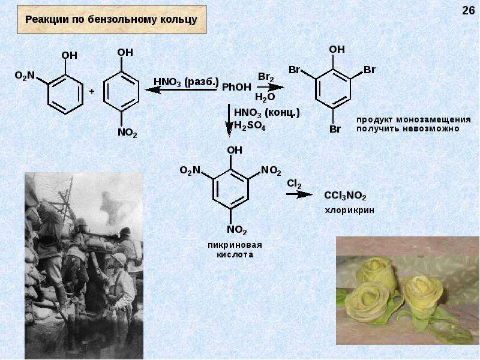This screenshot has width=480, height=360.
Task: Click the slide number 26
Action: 468,10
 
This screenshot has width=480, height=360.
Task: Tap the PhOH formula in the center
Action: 236,87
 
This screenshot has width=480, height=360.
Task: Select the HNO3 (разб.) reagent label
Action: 186,82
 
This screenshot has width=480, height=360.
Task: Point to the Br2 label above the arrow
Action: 266,77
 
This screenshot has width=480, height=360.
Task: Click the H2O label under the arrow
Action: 265,97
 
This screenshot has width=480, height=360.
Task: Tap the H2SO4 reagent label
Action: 250,126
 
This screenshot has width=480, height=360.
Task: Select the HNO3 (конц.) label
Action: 266,113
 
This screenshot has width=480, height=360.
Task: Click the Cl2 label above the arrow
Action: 294,184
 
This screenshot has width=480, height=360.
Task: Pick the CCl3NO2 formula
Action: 345,196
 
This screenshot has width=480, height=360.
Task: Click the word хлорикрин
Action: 349,211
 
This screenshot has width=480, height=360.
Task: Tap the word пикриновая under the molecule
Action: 235,245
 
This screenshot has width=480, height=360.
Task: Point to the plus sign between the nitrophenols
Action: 92,91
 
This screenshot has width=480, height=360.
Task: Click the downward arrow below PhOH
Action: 229,121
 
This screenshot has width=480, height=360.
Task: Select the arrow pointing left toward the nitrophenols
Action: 181,89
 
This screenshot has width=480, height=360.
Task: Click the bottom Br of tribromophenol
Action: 335,129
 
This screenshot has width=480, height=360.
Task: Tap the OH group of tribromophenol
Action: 337,49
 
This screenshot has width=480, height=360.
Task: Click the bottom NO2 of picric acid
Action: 236,230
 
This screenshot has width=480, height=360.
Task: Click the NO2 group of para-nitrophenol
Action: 127,133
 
